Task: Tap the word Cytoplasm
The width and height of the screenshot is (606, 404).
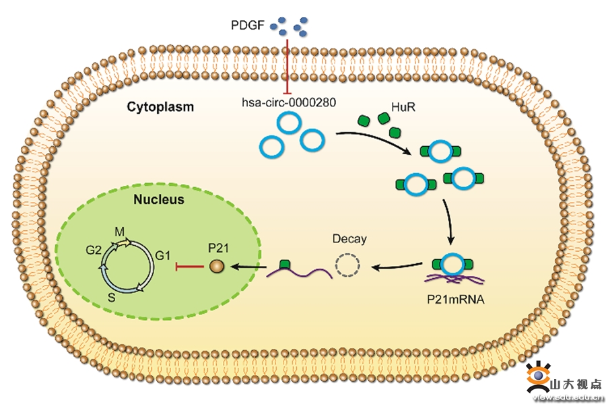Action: point(160,106)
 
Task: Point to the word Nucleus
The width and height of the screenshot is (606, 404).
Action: point(158,200)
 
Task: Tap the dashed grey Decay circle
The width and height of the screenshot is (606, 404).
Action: point(347,267)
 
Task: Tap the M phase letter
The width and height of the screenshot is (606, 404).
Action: point(120,232)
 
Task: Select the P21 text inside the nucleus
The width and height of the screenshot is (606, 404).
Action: point(219,248)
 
